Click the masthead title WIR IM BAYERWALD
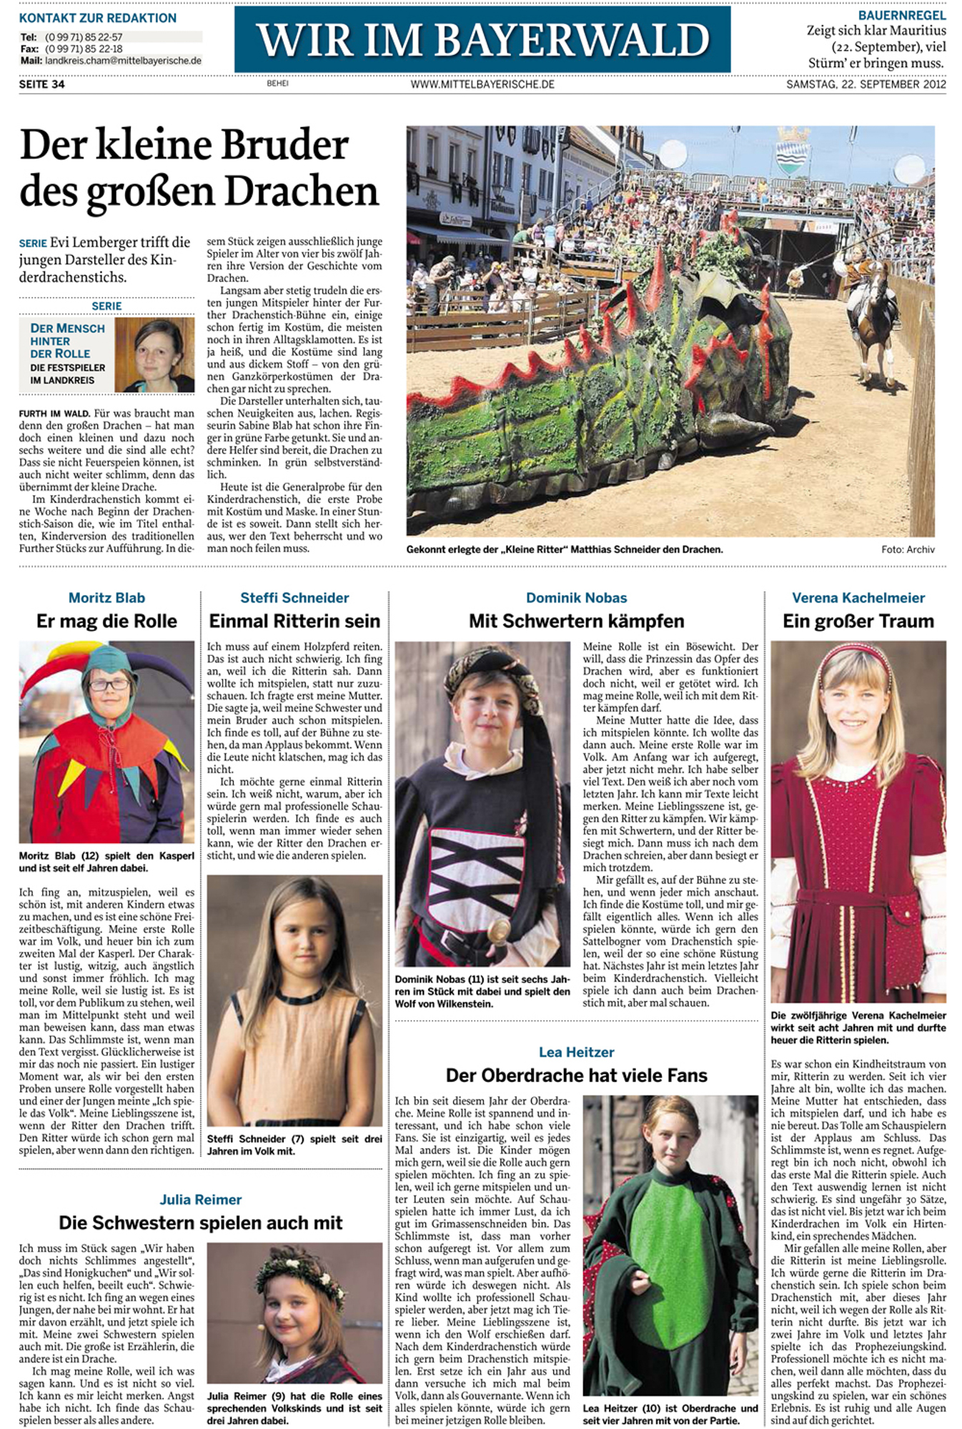[x=482, y=39]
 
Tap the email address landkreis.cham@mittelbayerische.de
[x=123, y=61]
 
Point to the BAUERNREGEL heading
[x=902, y=15]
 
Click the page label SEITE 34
[x=42, y=84]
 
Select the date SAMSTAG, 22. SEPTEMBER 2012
[x=866, y=84]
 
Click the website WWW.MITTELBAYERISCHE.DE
[x=482, y=84]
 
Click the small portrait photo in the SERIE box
[x=154, y=354]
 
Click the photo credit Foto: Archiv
[x=908, y=549]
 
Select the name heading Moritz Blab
[x=106, y=598]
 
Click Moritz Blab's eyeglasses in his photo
[x=109, y=684]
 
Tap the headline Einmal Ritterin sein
[x=294, y=621]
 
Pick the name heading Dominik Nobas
[x=576, y=598]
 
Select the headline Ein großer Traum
[x=858, y=621]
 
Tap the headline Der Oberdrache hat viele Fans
[x=576, y=1075]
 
